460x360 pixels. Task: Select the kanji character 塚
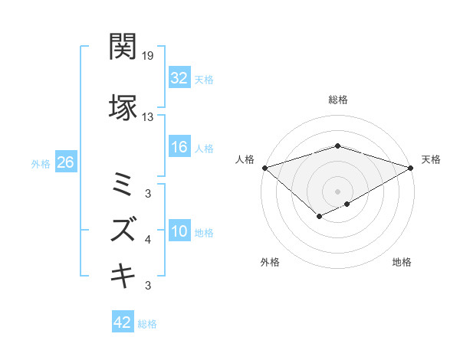(123, 107)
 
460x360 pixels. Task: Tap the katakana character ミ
(123, 184)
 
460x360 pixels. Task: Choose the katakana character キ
(123, 277)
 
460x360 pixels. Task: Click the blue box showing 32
(179, 77)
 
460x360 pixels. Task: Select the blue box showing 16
(179, 148)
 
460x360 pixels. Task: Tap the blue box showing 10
(179, 231)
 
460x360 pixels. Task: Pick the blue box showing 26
(65, 162)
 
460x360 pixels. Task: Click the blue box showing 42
(123, 322)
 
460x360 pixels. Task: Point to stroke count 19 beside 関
(148, 56)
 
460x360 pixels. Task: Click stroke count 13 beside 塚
(148, 117)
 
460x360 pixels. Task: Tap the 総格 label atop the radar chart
(337, 100)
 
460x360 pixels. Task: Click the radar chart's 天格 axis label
(431, 159)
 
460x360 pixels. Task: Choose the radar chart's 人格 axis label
(245, 159)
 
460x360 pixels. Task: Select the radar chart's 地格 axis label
(402, 262)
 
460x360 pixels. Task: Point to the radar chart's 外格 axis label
(270, 262)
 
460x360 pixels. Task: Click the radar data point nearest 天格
(411, 167)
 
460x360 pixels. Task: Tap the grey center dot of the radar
(337, 191)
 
